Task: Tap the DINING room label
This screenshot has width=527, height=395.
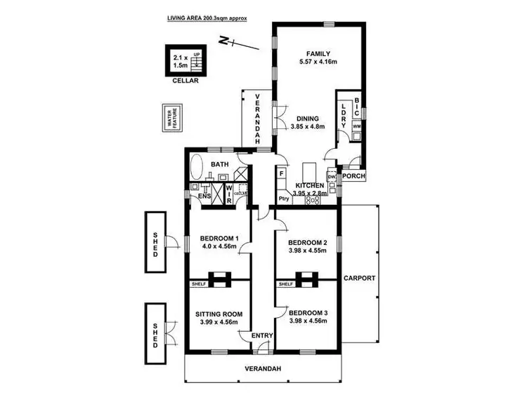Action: pyautogui.click(x=308, y=119)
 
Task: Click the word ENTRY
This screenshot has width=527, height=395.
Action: pyautogui.click(x=261, y=336)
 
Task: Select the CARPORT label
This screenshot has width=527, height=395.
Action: pyautogui.click(x=359, y=279)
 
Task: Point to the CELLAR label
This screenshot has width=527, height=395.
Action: pyautogui.click(x=186, y=81)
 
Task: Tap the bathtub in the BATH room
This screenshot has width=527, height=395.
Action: pyautogui.click(x=196, y=169)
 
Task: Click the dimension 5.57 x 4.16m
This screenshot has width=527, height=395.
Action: pyautogui.click(x=318, y=62)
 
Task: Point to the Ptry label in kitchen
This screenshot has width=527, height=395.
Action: pyautogui.click(x=284, y=199)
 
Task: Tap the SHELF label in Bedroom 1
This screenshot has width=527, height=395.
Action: pyautogui.click(x=197, y=284)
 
